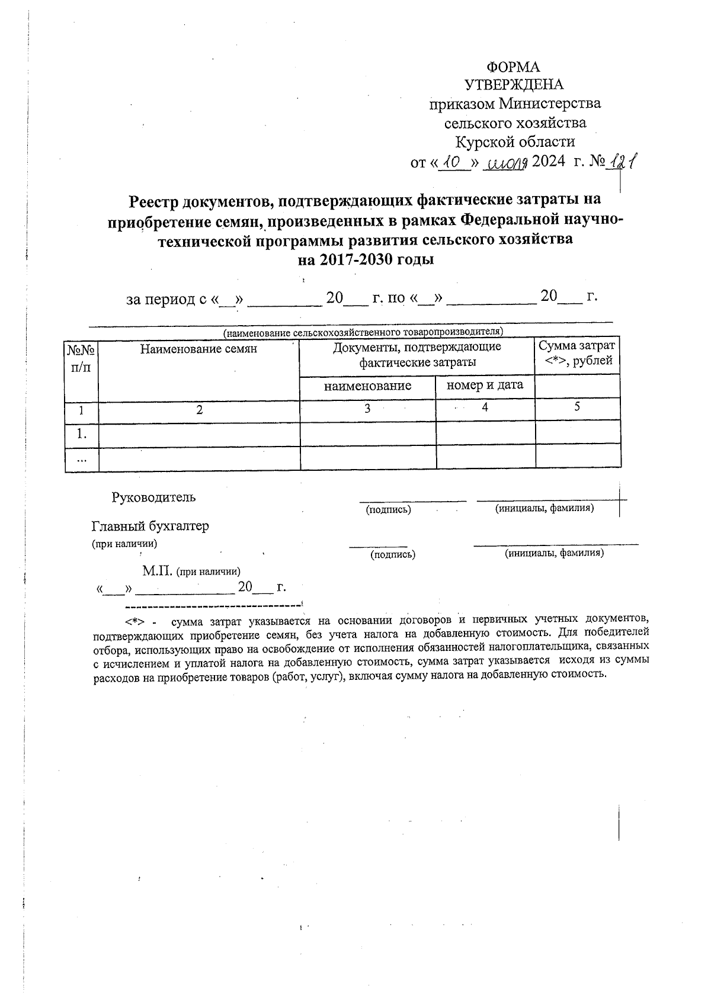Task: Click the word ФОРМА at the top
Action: [513, 67]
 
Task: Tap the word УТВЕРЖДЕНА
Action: [514, 85]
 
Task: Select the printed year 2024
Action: [549, 162]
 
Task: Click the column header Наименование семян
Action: [198, 349]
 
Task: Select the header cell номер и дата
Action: [485, 385]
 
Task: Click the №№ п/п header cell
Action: [81, 358]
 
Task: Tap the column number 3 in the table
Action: [367, 409]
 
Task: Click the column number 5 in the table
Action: [577, 406]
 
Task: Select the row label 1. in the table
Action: [82, 434]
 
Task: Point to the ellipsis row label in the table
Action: [82, 458]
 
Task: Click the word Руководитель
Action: [153, 497]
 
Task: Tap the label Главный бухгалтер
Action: [150, 526]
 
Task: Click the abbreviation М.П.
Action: [157, 571]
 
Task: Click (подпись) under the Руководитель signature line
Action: [388, 509]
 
